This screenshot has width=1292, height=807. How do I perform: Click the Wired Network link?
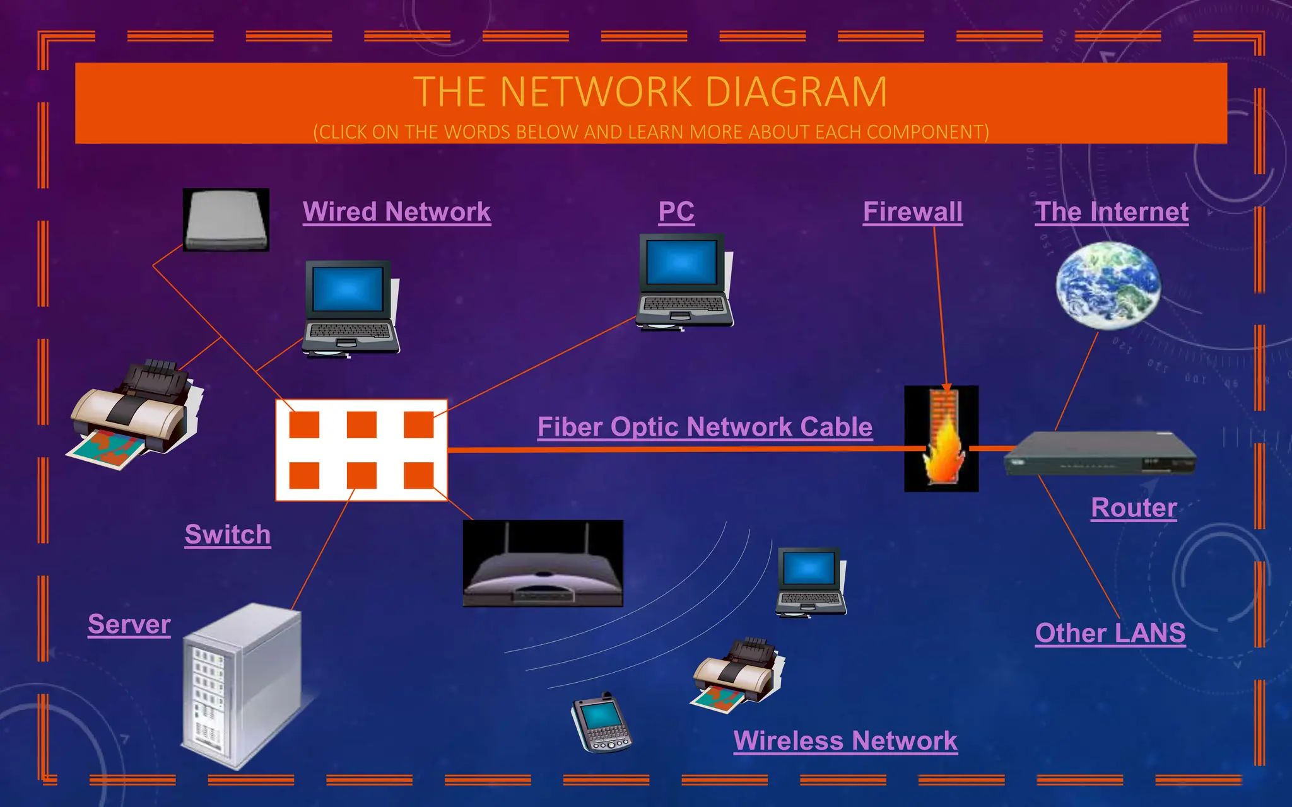point(396,212)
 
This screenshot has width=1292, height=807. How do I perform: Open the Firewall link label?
point(912,212)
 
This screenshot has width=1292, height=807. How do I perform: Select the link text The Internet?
point(1112,212)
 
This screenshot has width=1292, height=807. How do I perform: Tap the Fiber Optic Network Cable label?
point(705,427)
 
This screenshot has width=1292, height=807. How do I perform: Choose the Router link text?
point(1134,508)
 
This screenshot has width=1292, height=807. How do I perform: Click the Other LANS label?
point(1110,633)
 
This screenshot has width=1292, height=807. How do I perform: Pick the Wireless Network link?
point(845,741)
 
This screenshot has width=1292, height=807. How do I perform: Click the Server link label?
point(129,624)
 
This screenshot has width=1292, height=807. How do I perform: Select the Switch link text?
point(228,535)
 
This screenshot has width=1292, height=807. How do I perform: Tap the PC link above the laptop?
point(676,212)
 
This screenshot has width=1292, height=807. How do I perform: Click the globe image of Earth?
point(1108,286)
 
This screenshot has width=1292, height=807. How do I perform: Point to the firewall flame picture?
point(941,439)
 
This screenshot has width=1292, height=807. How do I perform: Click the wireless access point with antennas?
point(543,564)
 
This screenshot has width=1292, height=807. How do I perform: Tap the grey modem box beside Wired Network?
point(226,220)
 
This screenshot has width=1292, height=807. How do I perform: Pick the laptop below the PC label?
point(684,281)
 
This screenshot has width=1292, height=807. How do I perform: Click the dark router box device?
point(1100,453)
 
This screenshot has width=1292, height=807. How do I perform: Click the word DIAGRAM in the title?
point(796,92)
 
